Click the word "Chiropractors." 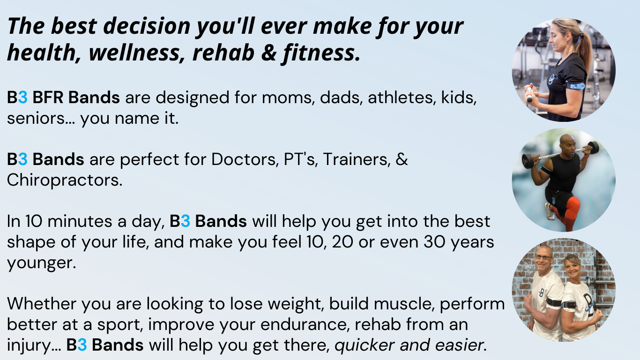tap(65, 180)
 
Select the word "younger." tap(41, 262)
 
